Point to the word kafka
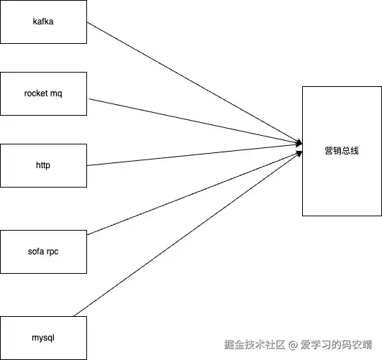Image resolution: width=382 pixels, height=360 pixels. point(43,22)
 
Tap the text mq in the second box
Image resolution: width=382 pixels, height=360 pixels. point(58,94)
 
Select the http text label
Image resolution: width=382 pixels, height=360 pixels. point(43,165)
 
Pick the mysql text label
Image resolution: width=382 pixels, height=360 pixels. point(43,338)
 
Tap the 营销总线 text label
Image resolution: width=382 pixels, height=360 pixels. point(342,151)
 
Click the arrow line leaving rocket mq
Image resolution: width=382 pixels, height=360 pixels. point(194,121)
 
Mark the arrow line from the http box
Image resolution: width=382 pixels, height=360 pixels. point(194,156)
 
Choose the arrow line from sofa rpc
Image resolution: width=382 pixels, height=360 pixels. point(194,193)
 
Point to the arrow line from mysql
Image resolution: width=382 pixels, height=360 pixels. point(187,233)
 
